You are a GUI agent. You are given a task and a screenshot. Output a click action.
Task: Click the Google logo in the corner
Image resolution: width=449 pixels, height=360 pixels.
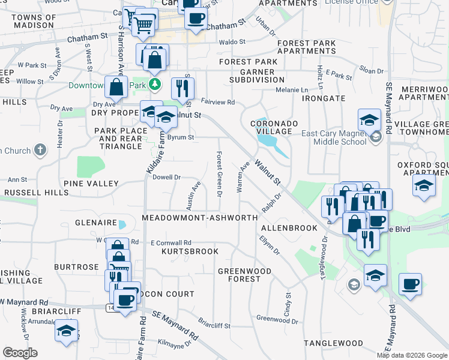pyautogui.click(x=20, y=353)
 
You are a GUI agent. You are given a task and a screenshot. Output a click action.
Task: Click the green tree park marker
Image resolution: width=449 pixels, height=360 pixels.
pyautogui.click(x=155, y=83)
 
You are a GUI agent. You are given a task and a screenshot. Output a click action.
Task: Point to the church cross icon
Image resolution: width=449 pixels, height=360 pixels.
pyautogui.click(x=40, y=149)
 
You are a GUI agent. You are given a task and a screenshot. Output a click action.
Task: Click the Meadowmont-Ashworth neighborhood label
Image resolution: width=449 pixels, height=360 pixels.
pyautogui.click(x=200, y=218)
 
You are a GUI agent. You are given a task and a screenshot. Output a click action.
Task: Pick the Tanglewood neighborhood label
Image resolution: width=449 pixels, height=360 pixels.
pyautogui.click(x=333, y=343)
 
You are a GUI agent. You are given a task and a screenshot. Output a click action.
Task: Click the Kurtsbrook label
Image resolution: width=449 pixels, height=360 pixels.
pyautogui.click(x=190, y=251)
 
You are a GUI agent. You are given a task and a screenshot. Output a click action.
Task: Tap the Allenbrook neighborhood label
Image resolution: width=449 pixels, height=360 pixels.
pyautogui.click(x=289, y=229)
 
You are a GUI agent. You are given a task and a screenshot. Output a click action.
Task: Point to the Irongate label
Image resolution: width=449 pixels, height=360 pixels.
pyautogui.click(x=323, y=98)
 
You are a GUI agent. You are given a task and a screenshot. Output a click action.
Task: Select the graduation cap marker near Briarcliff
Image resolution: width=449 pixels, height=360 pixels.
pyautogui.click(x=66, y=331)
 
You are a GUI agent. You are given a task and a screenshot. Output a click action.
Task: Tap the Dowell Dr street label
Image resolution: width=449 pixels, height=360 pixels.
pyautogui.click(x=166, y=177)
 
